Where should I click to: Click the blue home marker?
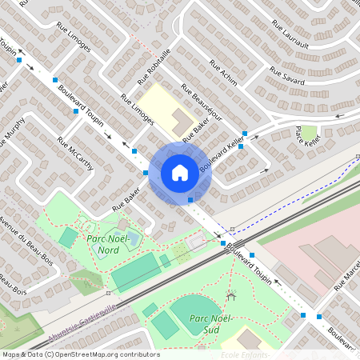[x=179, y=172]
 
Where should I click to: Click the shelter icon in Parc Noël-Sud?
[x=231, y=296]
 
